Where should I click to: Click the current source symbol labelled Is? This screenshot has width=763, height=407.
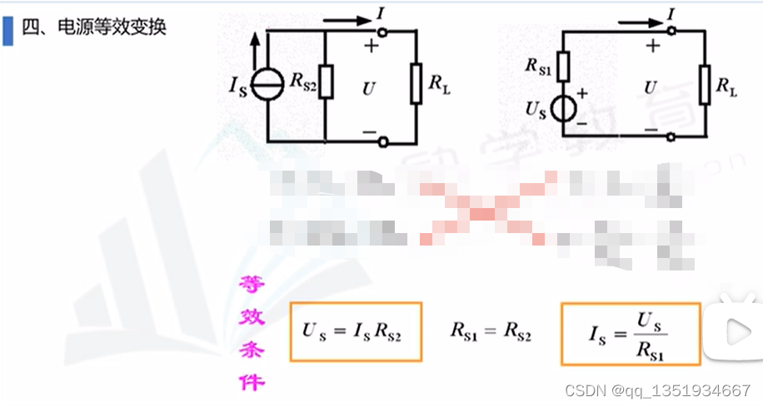coord(267,84)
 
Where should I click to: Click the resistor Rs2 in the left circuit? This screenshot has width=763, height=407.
coord(325,82)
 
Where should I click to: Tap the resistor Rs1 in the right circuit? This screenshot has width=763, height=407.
coord(563,66)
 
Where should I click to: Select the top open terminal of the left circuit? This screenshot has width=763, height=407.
coord(382,31)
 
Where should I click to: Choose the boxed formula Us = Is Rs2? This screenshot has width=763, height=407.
coord(356,331)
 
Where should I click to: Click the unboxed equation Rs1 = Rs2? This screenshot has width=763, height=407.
coord(491,331)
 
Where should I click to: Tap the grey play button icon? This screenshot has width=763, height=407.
coord(736,331)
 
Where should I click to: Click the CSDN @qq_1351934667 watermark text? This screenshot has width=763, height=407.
coord(657,391)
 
